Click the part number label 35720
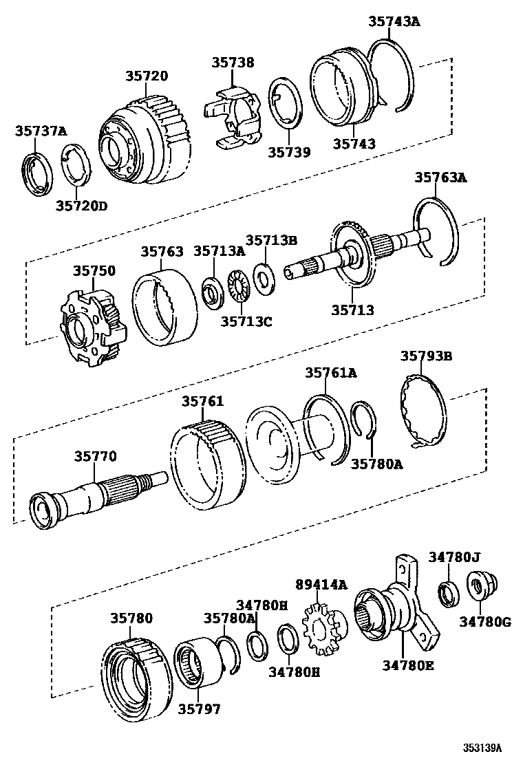coord(147,76)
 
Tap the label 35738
coord(233,63)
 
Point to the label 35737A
coord(41,131)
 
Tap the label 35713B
coord(271,240)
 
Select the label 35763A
coord(440,178)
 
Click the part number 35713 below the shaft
coord(352,309)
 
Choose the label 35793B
coord(426,356)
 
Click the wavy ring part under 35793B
coord(423,410)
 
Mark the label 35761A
coord(331,373)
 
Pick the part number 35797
coord(200,708)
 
